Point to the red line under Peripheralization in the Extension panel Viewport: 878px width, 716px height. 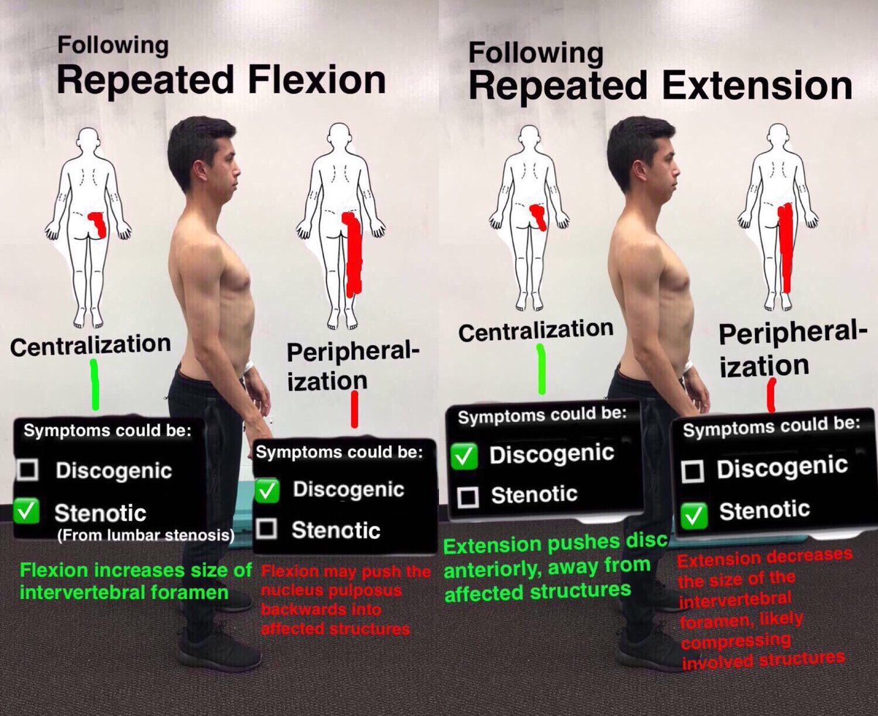pyautogui.click(x=770, y=394)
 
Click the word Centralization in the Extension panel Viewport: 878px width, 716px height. pyautogui.click(x=536, y=330)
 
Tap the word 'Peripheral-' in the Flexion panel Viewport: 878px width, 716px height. pyautogui.click(x=353, y=353)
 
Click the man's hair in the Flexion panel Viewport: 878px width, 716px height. pyautogui.click(x=192, y=146)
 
